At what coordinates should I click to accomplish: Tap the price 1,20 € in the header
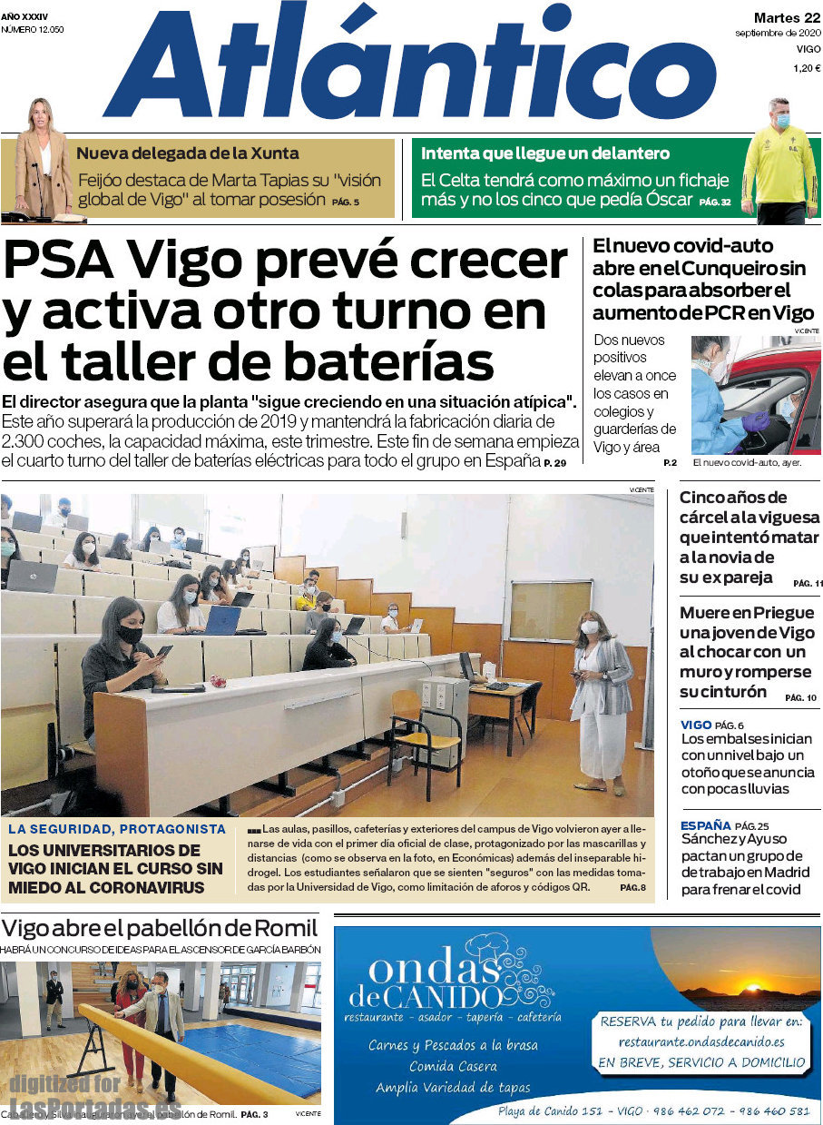[x=806, y=68]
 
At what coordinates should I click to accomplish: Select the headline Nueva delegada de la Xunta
[x=188, y=153]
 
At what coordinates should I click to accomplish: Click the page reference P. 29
[x=554, y=464]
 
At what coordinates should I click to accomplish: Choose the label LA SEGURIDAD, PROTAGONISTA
[x=117, y=829]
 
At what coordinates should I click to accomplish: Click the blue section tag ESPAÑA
[x=705, y=825]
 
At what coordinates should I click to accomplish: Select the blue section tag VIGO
[x=695, y=725]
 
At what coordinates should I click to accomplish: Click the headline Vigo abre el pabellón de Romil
[x=160, y=928]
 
